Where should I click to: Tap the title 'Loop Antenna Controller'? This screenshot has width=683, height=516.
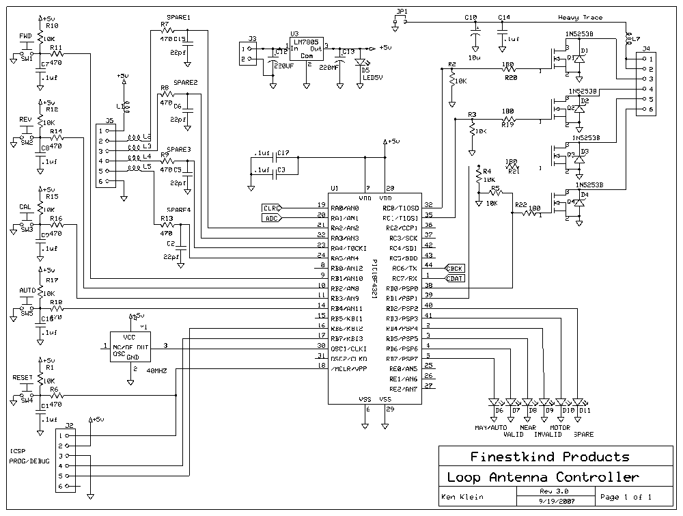click(x=543, y=477)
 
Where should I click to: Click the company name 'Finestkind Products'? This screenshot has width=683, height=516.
click(x=549, y=456)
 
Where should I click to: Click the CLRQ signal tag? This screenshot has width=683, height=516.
click(x=271, y=208)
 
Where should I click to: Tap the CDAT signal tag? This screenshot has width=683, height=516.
click(x=455, y=278)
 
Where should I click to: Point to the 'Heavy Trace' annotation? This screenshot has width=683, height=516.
click(x=581, y=18)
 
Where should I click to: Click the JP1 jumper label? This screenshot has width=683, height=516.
click(x=401, y=12)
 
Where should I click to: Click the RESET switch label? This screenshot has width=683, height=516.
click(x=23, y=377)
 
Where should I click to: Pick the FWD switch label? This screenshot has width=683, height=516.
click(x=25, y=36)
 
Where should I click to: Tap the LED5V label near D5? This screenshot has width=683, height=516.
click(x=373, y=77)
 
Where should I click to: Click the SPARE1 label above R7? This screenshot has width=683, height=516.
click(x=178, y=17)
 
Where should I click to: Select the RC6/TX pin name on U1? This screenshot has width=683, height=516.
click(x=401, y=269)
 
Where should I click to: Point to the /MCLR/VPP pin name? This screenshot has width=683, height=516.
click(x=348, y=368)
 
